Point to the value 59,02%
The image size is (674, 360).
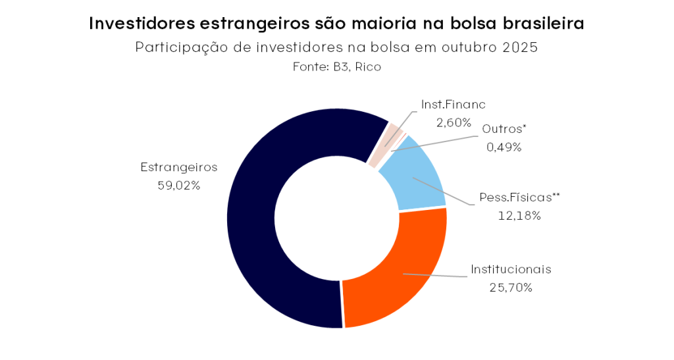tap(178, 186)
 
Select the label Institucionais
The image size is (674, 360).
tap(511, 269)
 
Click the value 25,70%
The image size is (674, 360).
tap(511, 288)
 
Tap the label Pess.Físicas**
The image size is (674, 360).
tap(519, 197)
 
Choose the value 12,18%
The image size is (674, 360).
tap(519, 215)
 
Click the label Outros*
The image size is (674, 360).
tap(504, 129)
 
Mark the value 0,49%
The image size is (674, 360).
tap(504, 147)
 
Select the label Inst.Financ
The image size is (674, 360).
tap(454, 104)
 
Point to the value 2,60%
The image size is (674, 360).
tap(454, 122)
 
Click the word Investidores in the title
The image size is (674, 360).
tap(140, 24)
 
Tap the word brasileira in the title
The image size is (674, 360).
tap(540, 24)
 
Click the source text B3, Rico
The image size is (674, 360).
tap(357, 67)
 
